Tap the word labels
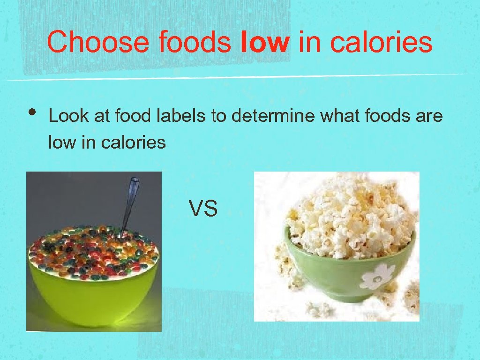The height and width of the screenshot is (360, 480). tap(180, 116)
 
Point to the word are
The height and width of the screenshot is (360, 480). tap(429, 116)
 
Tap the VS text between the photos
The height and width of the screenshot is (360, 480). tap(203, 208)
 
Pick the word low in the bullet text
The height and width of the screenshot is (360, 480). tap(60, 142)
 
